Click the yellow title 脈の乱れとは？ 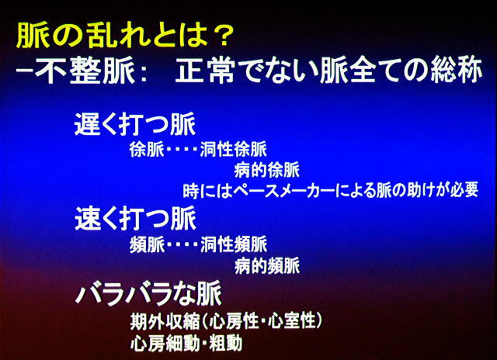pos(125,35)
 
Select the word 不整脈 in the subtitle pos(85,71)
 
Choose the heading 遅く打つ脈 pos(135,124)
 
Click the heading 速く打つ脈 pos(135,219)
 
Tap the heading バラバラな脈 pos(148,295)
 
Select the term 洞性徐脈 pos(234,150)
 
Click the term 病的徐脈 pos(267,171)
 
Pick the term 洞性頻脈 pos(234,245)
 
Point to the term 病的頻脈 pos(267,265)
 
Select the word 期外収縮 pos(165,322)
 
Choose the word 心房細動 pos(165,342)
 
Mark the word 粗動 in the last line pos(226,342)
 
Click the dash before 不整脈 pos(24,71)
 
